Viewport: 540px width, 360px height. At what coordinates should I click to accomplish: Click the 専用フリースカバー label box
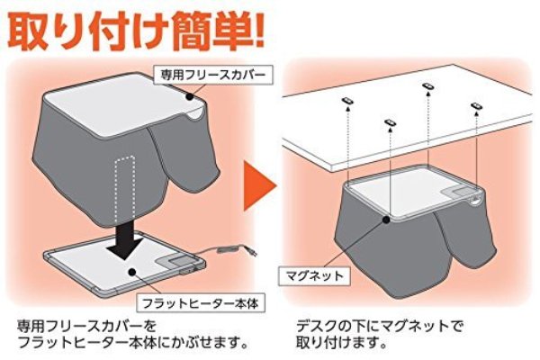point(213,75)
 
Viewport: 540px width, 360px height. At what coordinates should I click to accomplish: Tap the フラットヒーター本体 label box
point(201,303)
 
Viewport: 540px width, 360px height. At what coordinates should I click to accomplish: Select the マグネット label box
point(315,275)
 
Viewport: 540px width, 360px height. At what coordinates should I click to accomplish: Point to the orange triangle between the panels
point(258,186)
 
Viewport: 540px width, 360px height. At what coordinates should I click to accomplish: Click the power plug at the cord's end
point(252,253)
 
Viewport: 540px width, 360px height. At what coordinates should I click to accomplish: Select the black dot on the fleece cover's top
point(189,97)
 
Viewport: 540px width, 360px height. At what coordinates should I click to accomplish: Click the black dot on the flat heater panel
point(131,272)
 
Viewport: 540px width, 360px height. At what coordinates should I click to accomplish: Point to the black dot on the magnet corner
point(386,219)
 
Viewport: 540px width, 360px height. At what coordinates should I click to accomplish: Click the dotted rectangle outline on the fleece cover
point(125,190)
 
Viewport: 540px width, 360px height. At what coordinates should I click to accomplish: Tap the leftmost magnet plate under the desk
point(346,101)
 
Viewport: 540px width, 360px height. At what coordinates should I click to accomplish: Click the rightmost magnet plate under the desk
point(477,105)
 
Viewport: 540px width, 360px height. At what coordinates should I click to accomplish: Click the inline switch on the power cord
point(229,248)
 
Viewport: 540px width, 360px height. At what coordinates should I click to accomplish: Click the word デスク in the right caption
point(316,326)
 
